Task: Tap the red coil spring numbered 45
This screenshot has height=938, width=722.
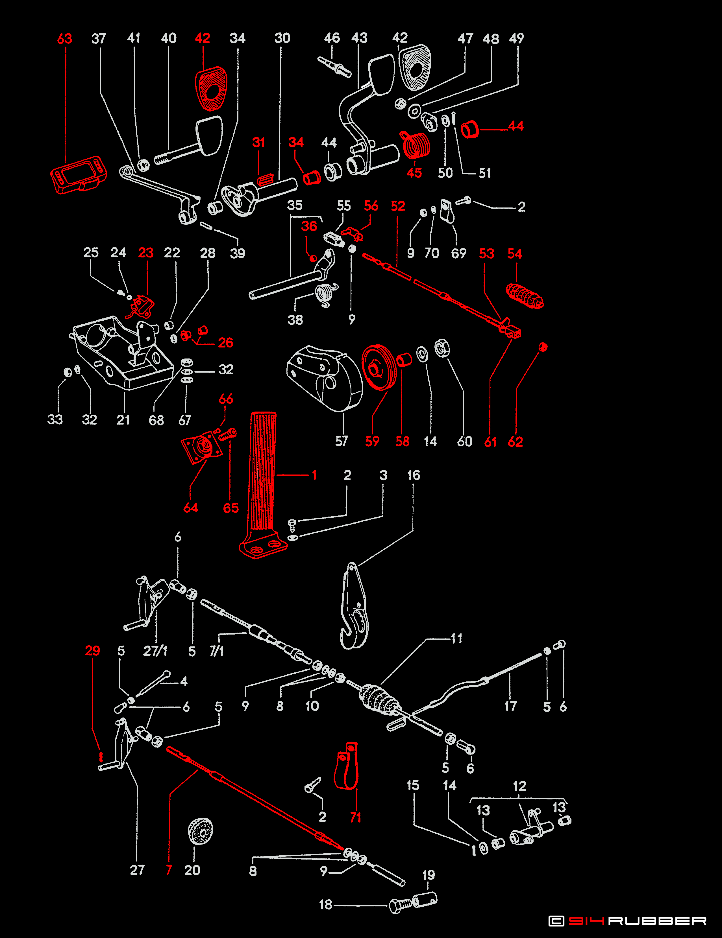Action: coord(416,145)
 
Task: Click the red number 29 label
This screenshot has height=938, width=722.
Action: coord(92,651)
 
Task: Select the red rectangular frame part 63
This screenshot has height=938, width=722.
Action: coord(78,174)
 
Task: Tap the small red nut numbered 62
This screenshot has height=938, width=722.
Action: coord(543,347)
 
